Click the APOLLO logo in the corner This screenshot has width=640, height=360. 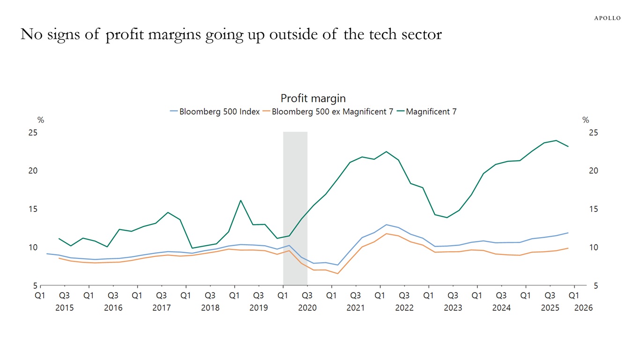click(607, 18)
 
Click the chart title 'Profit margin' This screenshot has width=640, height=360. click(313, 98)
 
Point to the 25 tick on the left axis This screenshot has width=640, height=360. click(33, 133)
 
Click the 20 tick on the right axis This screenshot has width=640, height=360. click(593, 171)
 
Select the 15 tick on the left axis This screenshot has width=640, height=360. click(33, 209)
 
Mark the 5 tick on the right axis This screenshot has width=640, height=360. click(593, 285)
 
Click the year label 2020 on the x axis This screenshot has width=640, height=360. click(307, 308)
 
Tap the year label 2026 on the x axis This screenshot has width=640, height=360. click(584, 308)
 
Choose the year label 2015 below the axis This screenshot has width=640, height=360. click(65, 308)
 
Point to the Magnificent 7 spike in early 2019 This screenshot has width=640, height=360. click(241, 201)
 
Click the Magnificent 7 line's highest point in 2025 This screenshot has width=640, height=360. click(556, 141)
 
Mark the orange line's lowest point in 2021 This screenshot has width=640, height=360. click(337, 274)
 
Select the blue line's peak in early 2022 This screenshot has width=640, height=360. click(386, 225)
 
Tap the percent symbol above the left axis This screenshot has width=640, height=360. click(41, 120)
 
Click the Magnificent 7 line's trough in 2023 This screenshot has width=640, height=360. click(447, 217)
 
